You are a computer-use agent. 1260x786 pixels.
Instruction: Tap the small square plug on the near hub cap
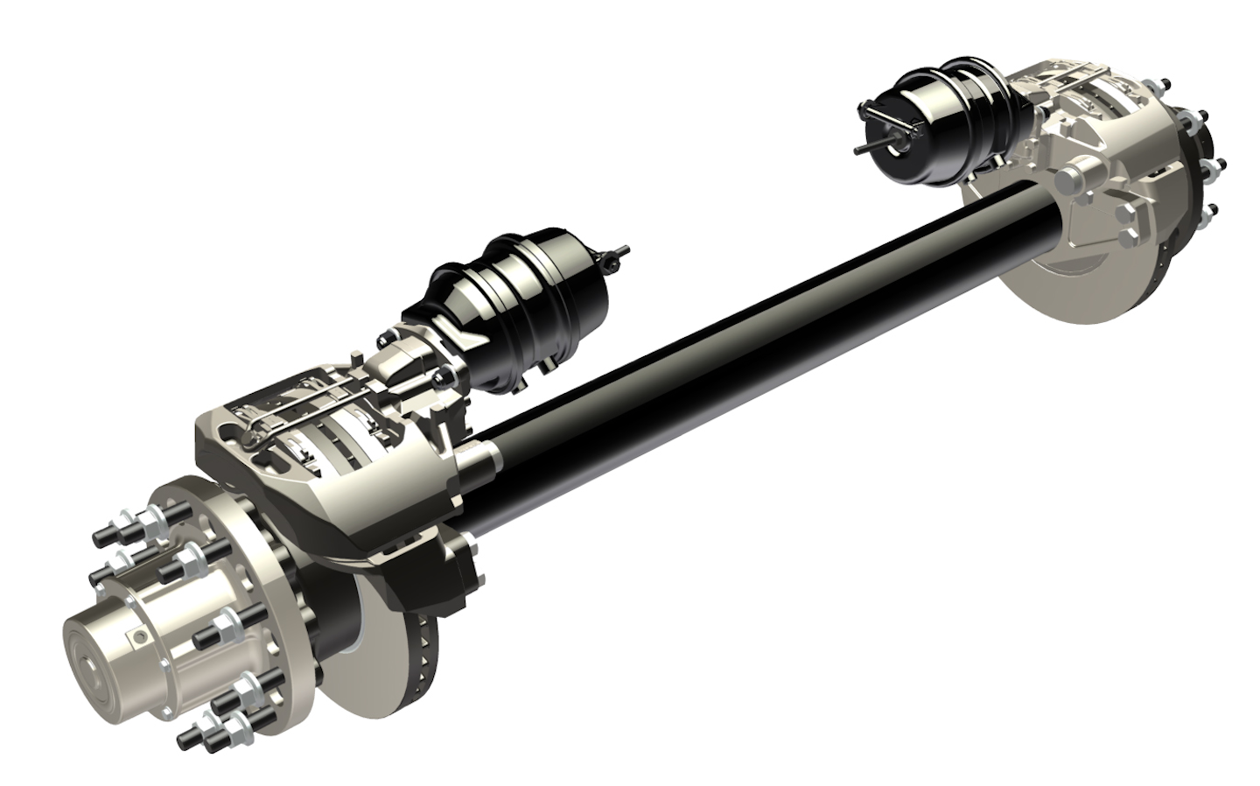point(137,633)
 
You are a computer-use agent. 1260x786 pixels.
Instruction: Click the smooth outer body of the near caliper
point(350,508)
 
